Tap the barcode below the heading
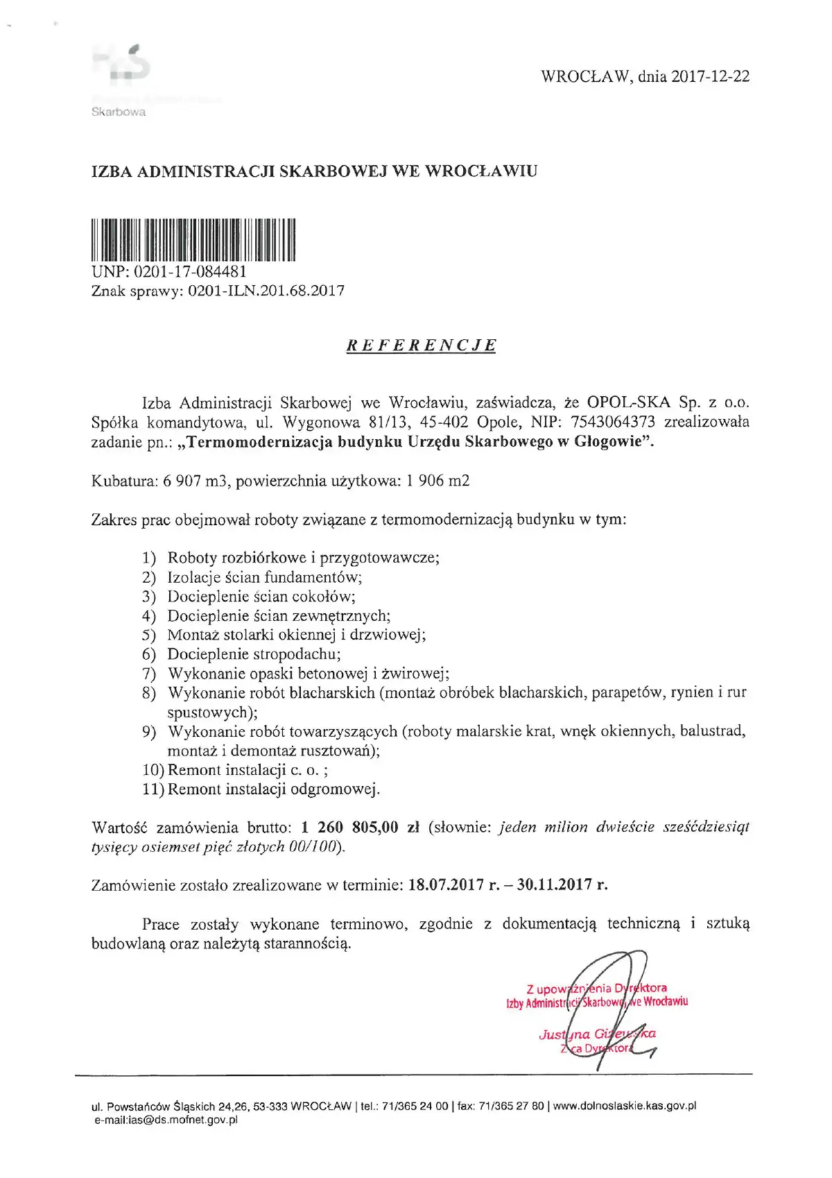(x=193, y=240)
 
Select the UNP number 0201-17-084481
(x=189, y=272)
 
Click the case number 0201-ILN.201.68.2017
(x=266, y=291)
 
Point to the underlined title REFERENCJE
(x=422, y=345)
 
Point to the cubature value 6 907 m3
(x=191, y=481)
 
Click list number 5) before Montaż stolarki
(x=149, y=635)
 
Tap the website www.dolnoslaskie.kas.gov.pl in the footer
(x=625, y=1106)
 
